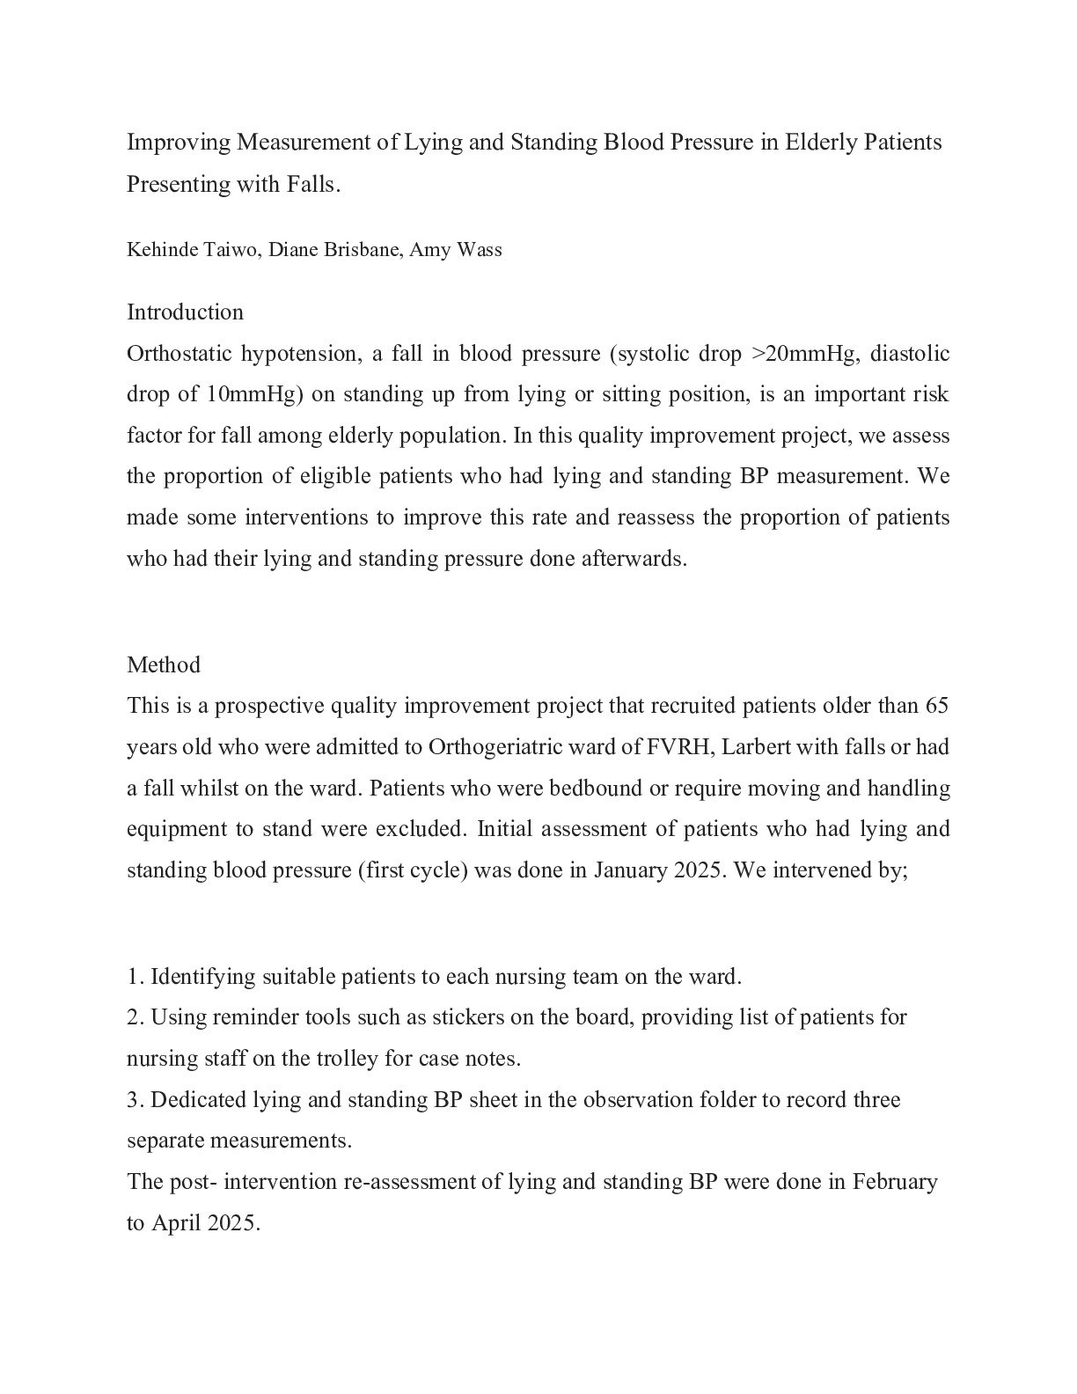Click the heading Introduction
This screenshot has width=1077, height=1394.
point(185,312)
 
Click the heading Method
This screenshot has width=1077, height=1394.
point(164,664)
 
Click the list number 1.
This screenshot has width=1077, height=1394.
point(134,977)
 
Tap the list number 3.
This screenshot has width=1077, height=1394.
point(134,1100)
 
